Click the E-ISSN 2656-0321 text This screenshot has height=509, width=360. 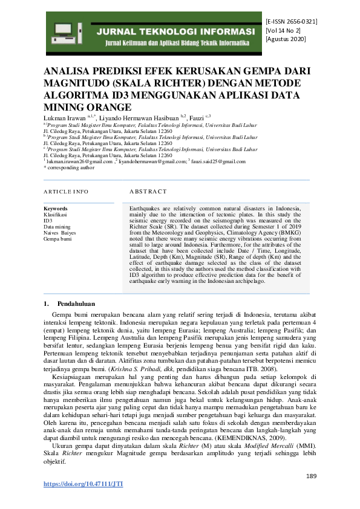point(291,22)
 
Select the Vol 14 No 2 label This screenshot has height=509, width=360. point(283,30)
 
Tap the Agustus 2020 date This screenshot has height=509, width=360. point(286,39)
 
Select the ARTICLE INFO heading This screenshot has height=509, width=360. point(66,192)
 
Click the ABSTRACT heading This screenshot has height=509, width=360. point(148,192)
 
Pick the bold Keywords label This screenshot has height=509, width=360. point(56,208)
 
